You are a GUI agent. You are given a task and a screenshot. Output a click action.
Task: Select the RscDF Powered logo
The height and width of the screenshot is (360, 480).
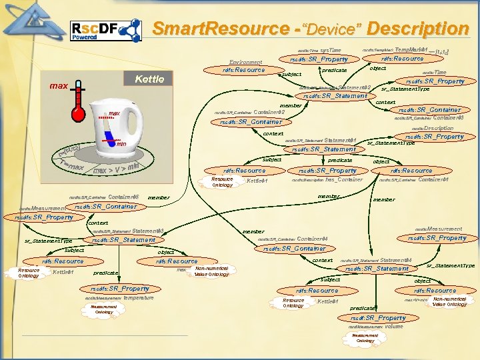pyautogui.click(x=105, y=30)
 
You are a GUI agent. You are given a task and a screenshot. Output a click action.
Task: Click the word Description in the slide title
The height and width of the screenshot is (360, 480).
pyautogui.click(x=417, y=29)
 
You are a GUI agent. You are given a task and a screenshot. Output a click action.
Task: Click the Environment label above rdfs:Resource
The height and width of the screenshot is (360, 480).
pyautogui.click(x=245, y=61)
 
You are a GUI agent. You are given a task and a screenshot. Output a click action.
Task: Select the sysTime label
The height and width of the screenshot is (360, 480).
pyautogui.click(x=330, y=50)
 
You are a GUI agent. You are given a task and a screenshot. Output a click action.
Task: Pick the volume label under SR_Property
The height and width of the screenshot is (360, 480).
pyautogui.click(x=393, y=327)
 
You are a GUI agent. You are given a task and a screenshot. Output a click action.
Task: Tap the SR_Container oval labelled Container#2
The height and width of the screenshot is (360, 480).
pyautogui.click(x=251, y=122)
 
